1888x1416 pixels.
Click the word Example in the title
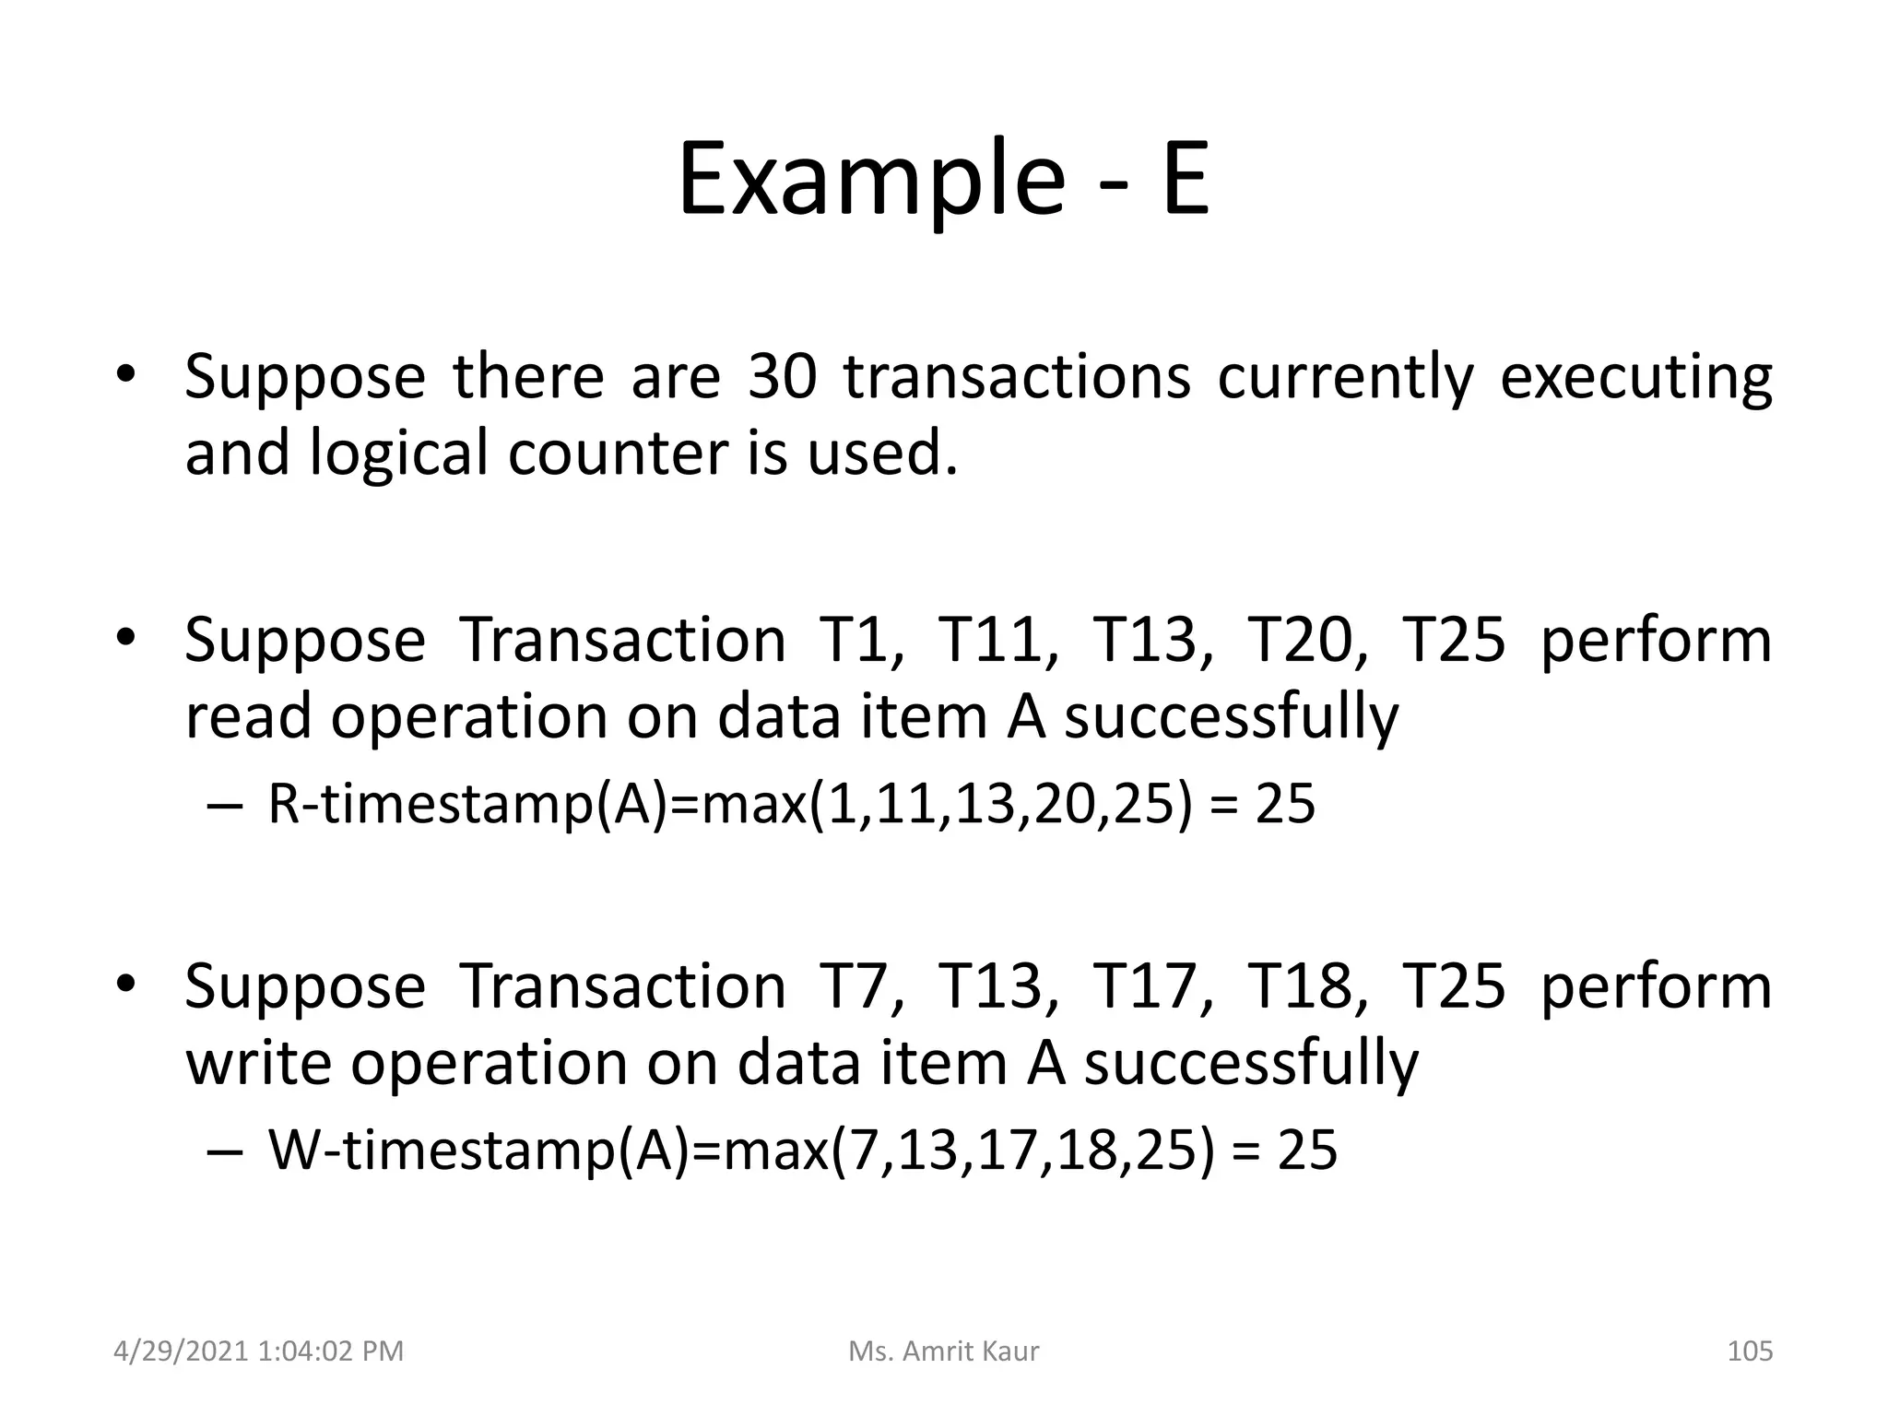pyautogui.click(x=871, y=180)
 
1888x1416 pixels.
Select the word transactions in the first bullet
pyautogui.click(x=1017, y=377)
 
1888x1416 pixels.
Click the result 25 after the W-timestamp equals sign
pyautogui.click(x=1306, y=1150)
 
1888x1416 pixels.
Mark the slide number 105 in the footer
pyautogui.click(x=1749, y=1351)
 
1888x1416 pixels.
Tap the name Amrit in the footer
pyautogui.click(x=941, y=1351)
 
